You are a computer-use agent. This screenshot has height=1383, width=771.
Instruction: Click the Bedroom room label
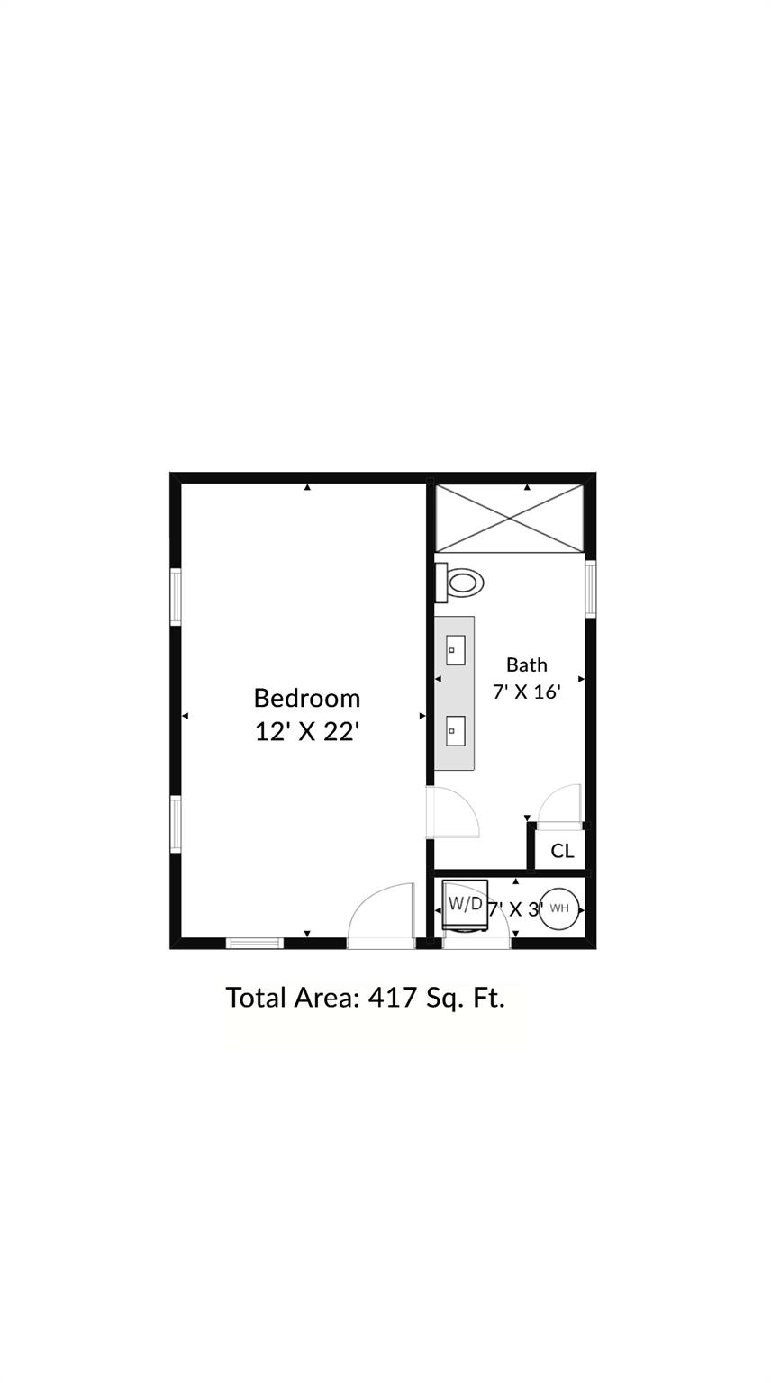click(x=307, y=698)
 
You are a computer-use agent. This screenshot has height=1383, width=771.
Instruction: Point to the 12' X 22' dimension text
click(x=307, y=731)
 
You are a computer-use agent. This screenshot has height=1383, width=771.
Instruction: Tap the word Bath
click(x=527, y=665)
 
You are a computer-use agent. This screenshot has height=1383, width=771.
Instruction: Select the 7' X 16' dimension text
click(x=527, y=691)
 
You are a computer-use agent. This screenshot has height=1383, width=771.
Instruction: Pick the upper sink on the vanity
click(x=456, y=650)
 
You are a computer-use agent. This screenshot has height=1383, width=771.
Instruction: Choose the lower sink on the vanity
click(x=456, y=730)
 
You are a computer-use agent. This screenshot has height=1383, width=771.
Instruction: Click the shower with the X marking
click(x=509, y=518)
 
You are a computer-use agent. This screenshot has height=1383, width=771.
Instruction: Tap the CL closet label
click(x=562, y=851)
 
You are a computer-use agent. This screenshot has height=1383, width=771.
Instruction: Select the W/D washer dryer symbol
click(x=465, y=904)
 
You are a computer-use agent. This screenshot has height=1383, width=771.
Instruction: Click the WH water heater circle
click(x=559, y=908)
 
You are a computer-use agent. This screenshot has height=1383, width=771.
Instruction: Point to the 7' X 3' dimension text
click(x=515, y=909)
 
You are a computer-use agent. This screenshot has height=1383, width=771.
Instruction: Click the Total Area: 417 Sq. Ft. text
click(x=365, y=998)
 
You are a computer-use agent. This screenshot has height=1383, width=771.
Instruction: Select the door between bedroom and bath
click(x=453, y=812)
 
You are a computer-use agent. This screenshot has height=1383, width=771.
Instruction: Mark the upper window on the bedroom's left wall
click(x=176, y=596)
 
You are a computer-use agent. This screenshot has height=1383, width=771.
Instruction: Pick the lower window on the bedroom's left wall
click(x=176, y=824)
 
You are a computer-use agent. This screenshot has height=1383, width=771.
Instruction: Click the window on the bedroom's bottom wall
click(x=255, y=943)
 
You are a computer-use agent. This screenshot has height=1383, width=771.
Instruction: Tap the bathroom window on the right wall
click(x=591, y=588)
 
